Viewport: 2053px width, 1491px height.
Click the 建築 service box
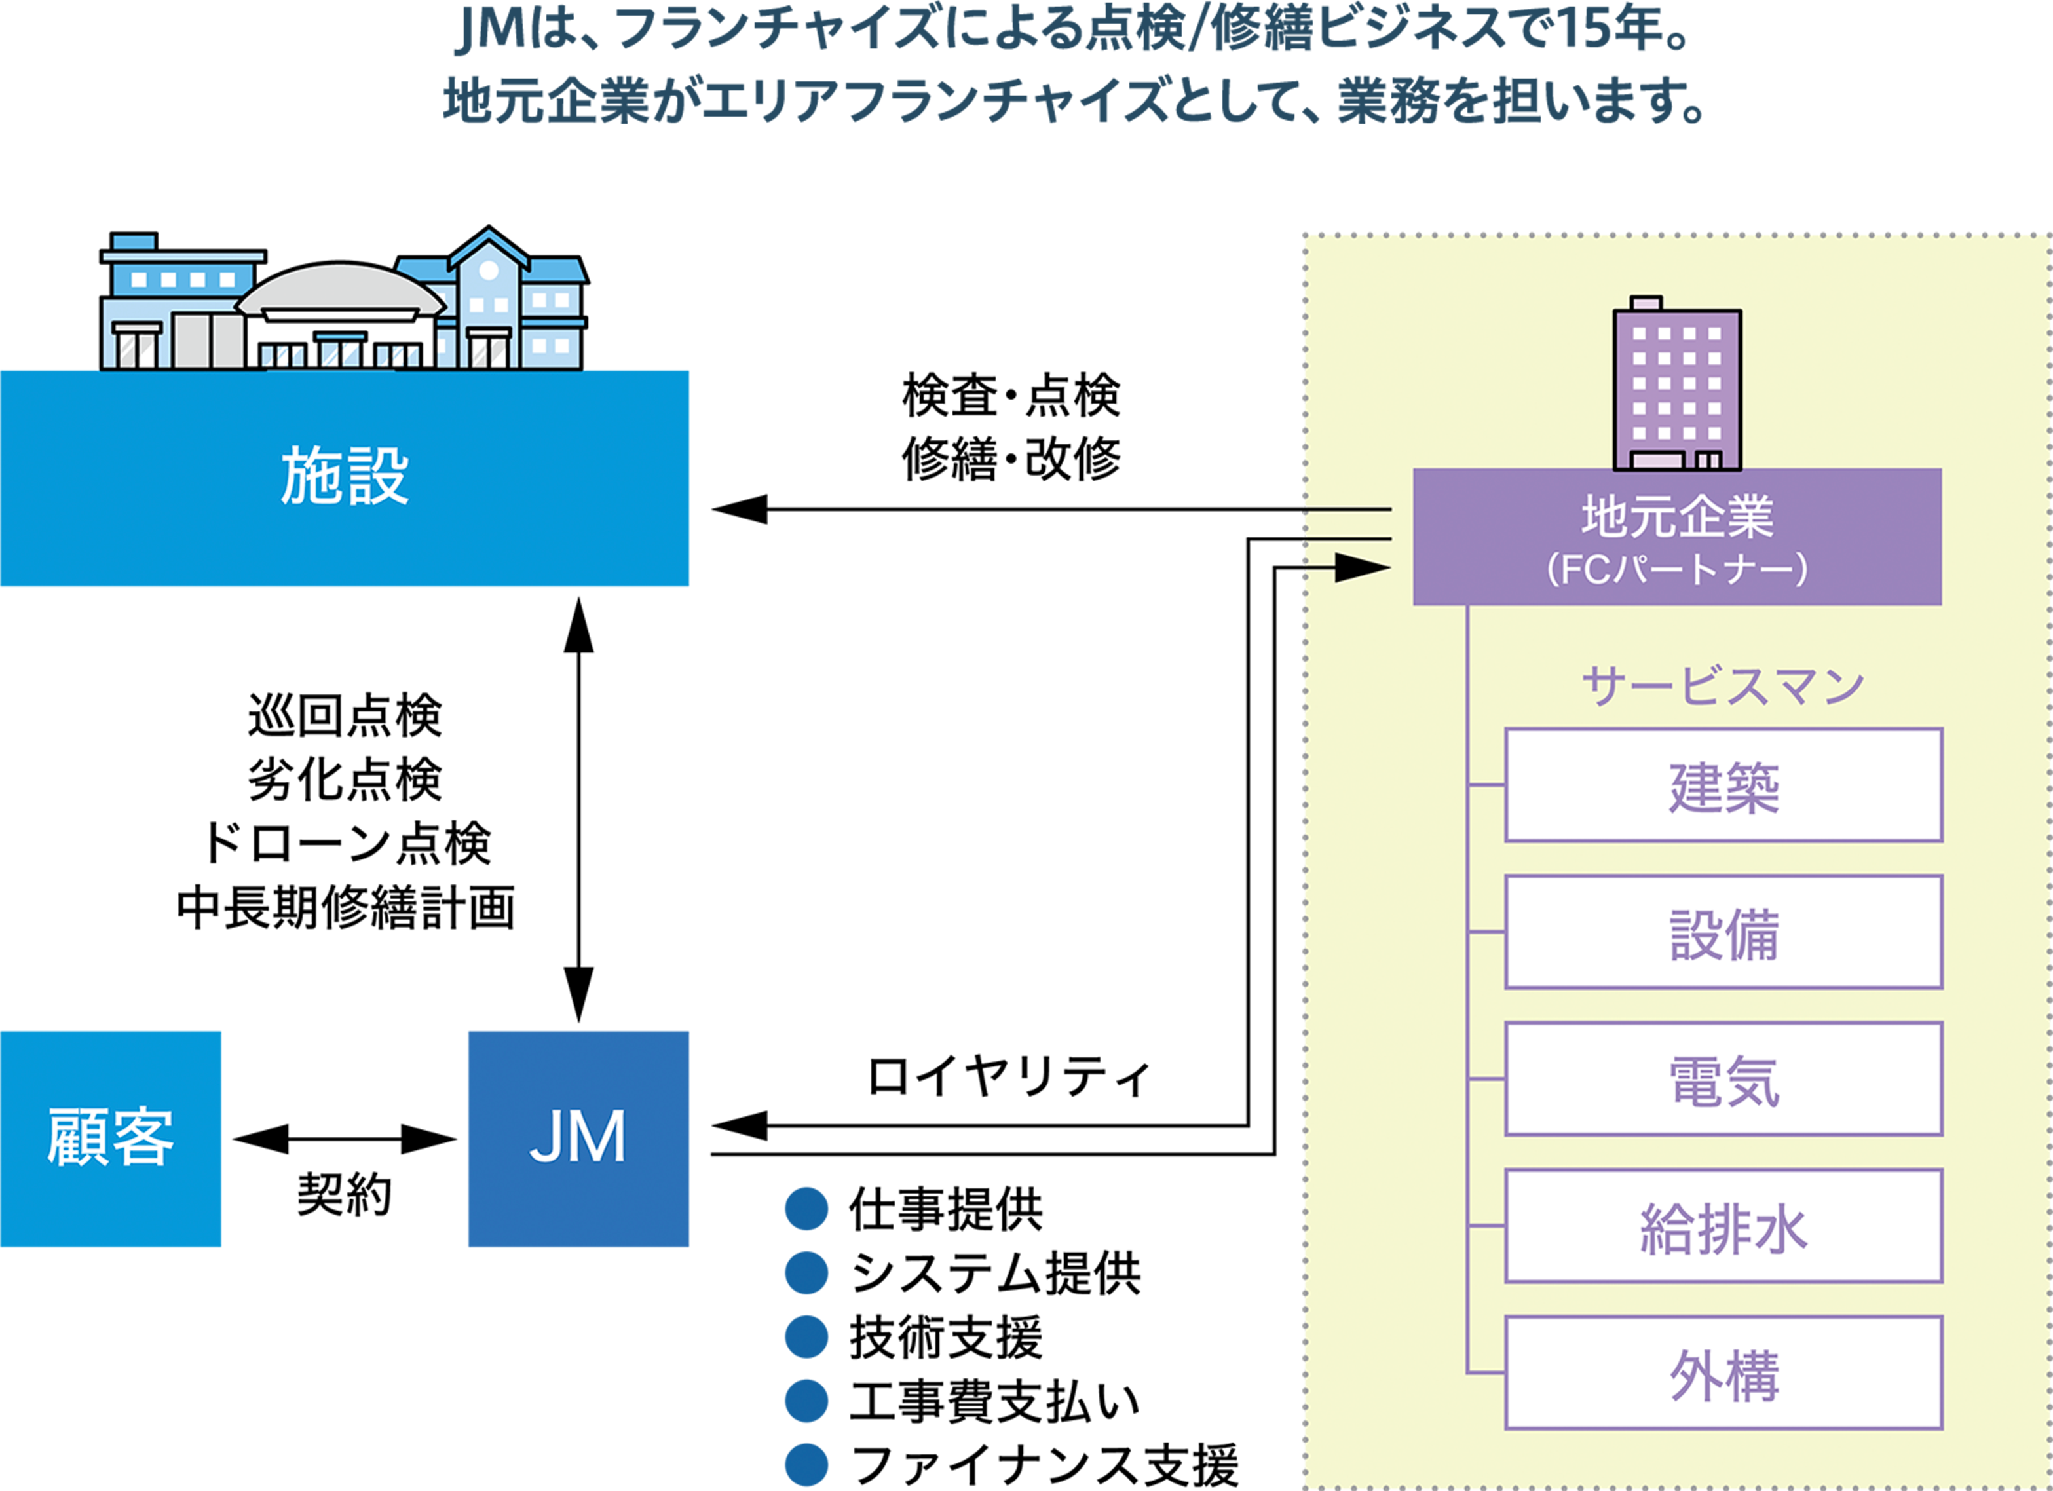click(x=1723, y=785)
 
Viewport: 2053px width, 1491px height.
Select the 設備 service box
click(x=1723, y=932)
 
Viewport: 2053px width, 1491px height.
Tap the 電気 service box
click(x=1723, y=1079)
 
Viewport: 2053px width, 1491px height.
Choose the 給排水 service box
click(x=1723, y=1226)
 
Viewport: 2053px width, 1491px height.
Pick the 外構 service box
click(x=1723, y=1373)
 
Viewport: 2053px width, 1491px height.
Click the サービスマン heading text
click(x=1723, y=685)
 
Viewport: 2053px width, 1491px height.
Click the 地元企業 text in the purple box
click(x=1676, y=516)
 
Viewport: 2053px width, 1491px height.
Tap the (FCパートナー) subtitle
click(x=1676, y=569)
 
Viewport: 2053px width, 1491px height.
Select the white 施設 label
click(x=344, y=476)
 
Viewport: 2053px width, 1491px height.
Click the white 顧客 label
click(x=111, y=1137)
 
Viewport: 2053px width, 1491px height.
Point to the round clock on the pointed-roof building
click(x=489, y=270)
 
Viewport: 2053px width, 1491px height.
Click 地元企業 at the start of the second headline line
click(x=546, y=100)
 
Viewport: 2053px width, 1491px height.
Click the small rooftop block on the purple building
click(x=1645, y=303)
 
